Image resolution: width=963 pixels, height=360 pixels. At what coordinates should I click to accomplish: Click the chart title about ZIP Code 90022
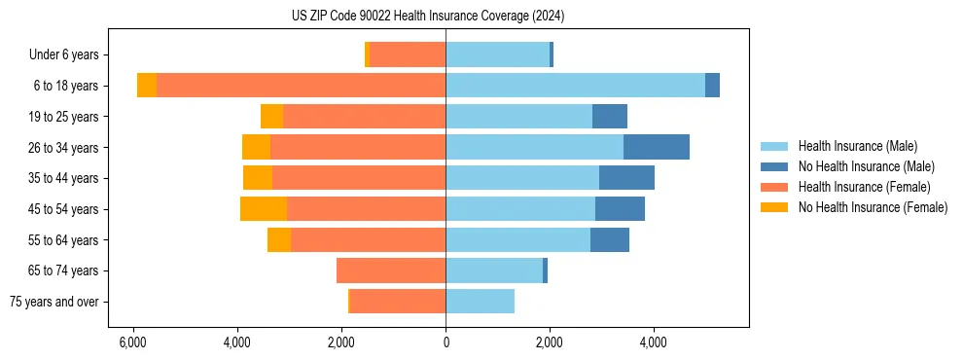point(428,17)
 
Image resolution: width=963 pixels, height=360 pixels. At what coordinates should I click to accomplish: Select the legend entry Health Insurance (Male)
point(857,146)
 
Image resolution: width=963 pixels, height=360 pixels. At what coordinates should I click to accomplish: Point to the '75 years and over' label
point(54,302)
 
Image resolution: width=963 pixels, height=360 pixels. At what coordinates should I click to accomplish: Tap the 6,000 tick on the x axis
point(133,342)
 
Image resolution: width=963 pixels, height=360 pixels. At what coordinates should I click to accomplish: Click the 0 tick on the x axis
point(446,342)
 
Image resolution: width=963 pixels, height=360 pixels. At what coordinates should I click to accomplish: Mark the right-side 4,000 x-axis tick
point(653,342)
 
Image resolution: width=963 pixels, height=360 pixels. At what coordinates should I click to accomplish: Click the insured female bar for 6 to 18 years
point(302,86)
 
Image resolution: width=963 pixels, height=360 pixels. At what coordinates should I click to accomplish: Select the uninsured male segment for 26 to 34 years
point(657,147)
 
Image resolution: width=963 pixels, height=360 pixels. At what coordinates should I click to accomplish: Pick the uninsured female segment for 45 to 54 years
point(264,209)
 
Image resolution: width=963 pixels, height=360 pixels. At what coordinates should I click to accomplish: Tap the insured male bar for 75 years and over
point(480,302)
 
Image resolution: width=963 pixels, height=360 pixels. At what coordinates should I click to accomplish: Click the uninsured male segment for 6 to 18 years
point(712,86)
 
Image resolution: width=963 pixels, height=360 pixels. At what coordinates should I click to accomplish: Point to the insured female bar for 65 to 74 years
point(391,270)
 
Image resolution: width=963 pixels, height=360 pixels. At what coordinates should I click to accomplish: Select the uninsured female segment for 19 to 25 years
point(271,117)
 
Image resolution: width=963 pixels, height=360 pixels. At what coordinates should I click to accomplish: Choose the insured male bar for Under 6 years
point(497,55)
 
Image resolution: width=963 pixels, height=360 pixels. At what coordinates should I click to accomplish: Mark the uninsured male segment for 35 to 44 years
point(626,178)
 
